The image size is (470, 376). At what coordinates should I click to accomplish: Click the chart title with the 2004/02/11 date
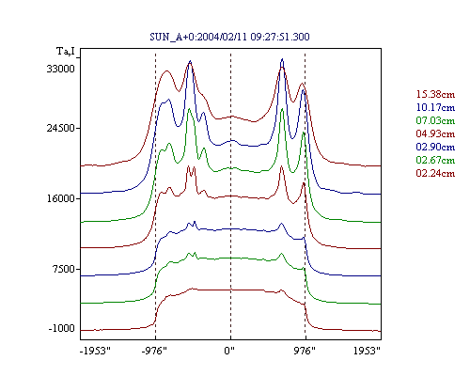coord(229,37)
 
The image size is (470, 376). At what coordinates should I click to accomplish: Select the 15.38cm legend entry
coord(435,94)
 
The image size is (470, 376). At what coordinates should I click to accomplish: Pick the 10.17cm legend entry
coord(435,107)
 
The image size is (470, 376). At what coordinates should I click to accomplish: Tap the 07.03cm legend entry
coord(435,120)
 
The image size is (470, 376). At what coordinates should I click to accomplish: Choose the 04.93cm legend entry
coord(435,133)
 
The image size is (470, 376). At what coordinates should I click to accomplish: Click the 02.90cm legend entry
coord(435,147)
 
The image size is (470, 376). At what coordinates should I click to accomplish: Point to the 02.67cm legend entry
coord(435,160)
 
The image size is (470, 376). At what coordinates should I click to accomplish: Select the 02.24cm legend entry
coord(435,173)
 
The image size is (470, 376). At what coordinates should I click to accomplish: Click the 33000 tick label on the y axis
coord(61,69)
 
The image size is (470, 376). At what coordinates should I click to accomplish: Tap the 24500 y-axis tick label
coord(61,128)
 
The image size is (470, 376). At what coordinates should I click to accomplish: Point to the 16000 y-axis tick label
coord(61,198)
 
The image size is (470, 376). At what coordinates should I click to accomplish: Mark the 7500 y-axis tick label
coord(63,269)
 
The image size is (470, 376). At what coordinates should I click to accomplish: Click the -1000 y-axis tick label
coord(62,328)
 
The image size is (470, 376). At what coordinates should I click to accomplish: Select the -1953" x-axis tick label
coord(95,351)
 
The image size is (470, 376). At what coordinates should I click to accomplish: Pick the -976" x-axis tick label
coord(154,351)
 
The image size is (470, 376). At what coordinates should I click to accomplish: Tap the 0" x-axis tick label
coord(229,351)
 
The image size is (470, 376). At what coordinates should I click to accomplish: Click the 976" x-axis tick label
coord(305,351)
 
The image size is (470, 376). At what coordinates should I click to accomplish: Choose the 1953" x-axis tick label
coord(367,351)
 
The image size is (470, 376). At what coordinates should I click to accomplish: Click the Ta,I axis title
coord(66,51)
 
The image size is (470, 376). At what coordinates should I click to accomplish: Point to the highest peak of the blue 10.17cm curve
coord(283,59)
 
